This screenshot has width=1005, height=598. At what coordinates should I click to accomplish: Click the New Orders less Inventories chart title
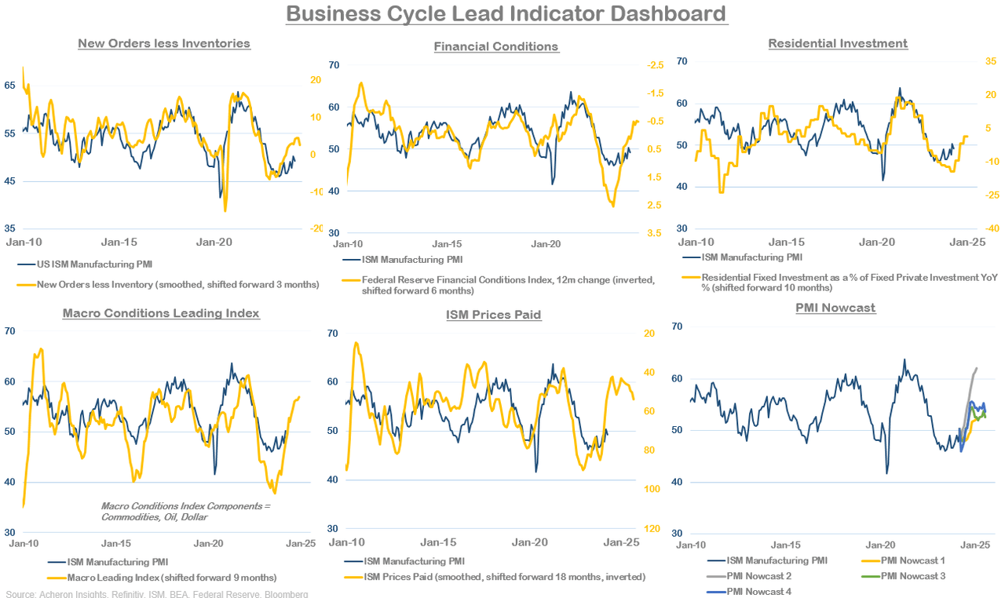tap(164, 43)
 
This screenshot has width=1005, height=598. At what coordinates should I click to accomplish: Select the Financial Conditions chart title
tap(496, 46)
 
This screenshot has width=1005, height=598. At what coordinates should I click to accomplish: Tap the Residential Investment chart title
tap(838, 43)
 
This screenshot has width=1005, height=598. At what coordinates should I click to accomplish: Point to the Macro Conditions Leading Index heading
tap(161, 313)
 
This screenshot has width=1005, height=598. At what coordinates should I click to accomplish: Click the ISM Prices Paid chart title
tap(494, 315)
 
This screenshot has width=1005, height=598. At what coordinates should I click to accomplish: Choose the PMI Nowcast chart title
tap(835, 308)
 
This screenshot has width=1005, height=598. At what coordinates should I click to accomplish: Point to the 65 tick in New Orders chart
tap(10, 85)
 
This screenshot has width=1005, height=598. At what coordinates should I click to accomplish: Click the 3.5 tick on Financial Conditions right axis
tap(653, 233)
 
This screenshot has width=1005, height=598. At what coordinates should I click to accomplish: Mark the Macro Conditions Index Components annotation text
tap(185, 512)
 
